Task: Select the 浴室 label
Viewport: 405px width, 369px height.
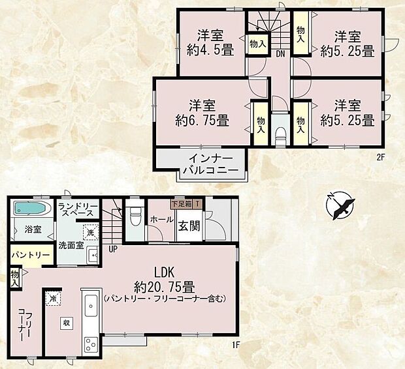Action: click(x=33, y=229)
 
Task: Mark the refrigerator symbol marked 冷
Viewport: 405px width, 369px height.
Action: click(x=52, y=297)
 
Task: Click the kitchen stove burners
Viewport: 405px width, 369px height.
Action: click(x=89, y=344)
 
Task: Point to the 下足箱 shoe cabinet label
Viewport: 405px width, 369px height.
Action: click(x=181, y=204)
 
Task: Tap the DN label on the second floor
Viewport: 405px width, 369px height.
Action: click(x=279, y=53)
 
